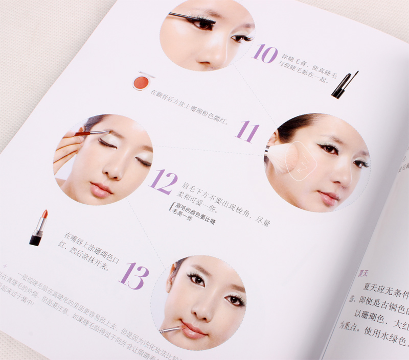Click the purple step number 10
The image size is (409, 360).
click(x=265, y=53)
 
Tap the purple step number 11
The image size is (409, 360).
click(x=246, y=132)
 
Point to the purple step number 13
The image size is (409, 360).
click(x=134, y=276)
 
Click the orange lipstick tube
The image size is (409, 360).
click(x=38, y=228)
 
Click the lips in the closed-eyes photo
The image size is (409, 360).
click(x=101, y=190)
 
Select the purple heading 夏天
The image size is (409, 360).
click(x=365, y=272)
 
